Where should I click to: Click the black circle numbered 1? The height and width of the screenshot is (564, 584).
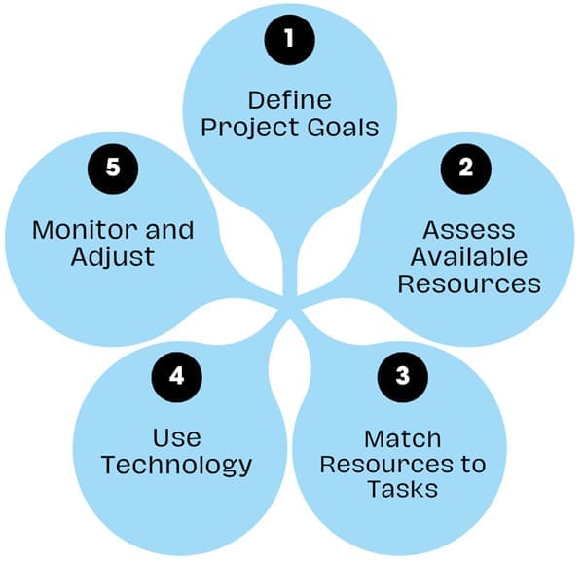point(289,41)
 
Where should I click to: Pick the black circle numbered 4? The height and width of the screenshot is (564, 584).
point(176,374)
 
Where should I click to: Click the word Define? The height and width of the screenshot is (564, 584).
point(289,99)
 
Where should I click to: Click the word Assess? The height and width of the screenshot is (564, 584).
point(468,231)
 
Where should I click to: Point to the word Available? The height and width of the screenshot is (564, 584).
point(468,257)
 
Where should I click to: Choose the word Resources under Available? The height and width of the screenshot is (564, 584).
point(468,284)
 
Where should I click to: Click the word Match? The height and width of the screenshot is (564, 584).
point(403,437)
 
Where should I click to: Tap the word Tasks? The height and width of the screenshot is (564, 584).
point(403,489)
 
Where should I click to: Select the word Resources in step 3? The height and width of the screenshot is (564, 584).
point(382,464)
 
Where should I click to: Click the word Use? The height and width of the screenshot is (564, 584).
point(176,437)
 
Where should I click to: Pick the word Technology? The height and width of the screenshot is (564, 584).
point(176,464)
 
